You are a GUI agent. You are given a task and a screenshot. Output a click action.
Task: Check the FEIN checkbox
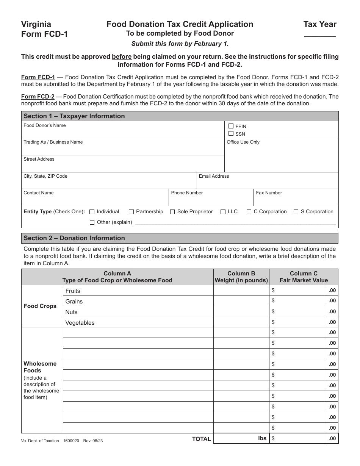tap(231, 126)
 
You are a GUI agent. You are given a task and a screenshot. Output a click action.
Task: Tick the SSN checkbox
tap(231, 133)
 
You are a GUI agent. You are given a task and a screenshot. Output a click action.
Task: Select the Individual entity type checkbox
tap(92, 212)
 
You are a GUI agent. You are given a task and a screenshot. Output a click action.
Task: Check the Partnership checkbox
tap(131, 212)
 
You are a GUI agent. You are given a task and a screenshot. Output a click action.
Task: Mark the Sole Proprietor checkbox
tap(172, 212)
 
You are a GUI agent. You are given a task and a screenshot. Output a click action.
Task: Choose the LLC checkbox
tap(223, 212)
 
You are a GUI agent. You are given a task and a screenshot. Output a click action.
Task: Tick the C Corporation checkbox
tap(249, 212)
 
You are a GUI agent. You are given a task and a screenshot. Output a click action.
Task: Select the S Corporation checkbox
tap(296, 212)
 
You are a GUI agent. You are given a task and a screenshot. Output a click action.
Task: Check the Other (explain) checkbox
tap(92, 222)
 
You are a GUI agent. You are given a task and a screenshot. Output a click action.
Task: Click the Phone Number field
tap(211, 200)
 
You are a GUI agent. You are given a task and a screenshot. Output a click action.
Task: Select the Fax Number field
tap(296, 200)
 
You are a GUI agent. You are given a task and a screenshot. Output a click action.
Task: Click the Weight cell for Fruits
tap(241, 291)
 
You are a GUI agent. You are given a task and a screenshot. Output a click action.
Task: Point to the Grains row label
tap(74, 302)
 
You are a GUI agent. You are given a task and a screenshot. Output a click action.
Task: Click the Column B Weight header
tap(241, 277)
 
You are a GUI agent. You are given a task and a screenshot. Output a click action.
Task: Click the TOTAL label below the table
tap(201, 439)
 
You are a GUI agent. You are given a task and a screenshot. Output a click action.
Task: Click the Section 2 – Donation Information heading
tap(74, 238)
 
